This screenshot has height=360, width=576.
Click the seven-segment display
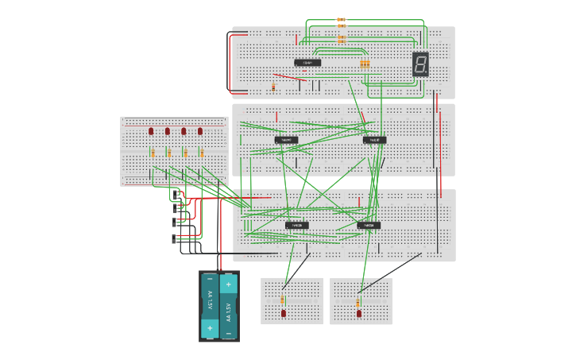point(420,64)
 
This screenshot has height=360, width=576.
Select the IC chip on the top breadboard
point(307,63)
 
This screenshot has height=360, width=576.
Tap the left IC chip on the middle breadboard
point(287,140)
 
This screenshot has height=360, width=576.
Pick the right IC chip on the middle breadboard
point(374,140)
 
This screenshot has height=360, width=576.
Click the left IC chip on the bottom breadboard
point(297,226)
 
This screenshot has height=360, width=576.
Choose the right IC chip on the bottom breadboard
point(369,226)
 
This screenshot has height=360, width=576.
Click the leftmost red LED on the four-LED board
point(151,131)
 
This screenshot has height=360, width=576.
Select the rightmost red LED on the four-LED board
point(200,131)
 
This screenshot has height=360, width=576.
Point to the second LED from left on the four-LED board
point(168,131)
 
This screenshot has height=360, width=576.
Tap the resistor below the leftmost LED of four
point(152,153)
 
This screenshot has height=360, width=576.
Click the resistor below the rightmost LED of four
point(201,153)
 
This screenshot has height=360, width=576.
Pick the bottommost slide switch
point(175,238)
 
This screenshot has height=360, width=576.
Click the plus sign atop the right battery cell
point(228,284)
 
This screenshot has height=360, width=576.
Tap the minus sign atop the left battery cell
point(210,279)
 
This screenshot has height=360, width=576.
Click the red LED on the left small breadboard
point(284,313)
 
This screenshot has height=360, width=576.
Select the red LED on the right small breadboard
point(359,313)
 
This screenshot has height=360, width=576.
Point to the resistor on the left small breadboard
point(283,300)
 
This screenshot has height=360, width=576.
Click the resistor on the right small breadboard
point(358,302)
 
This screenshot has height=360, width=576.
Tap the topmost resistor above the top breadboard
point(341,19)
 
